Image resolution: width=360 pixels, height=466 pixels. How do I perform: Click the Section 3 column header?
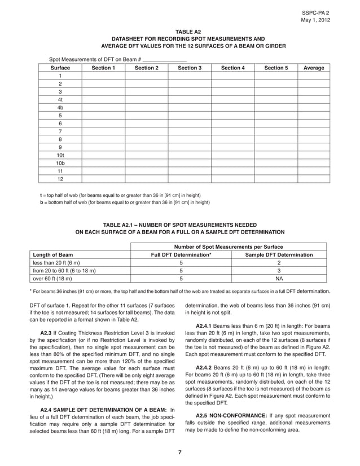tap(190, 68)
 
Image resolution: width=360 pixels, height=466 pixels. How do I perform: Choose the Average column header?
tap(314, 68)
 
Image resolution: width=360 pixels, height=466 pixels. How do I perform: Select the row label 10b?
tap(60, 161)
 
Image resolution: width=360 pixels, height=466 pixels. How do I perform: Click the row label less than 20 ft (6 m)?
tap(56, 263)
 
